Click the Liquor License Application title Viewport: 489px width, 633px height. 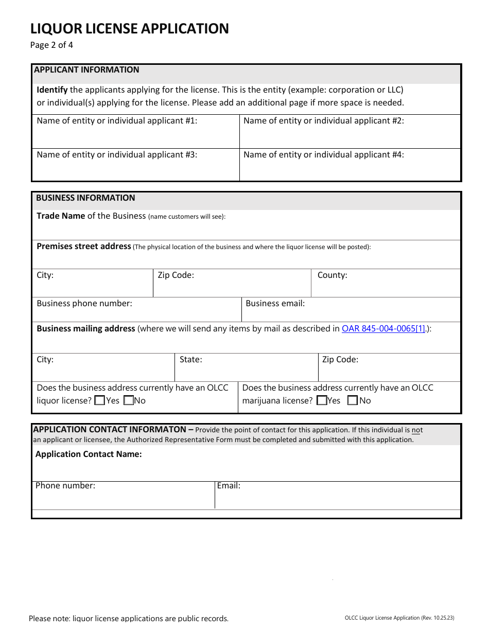point(129,28)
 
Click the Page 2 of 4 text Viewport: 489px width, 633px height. point(51,45)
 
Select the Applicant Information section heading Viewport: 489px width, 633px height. point(86,70)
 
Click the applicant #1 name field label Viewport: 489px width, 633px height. point(117,121)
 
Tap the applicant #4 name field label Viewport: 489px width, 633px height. point(323,154)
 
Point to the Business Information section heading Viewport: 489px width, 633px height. point(85,198)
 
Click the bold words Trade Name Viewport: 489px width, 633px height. point(61,216)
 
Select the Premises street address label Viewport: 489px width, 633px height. point(83,247)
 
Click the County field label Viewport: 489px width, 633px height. point(332,275)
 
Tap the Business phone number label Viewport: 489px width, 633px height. point(84,304)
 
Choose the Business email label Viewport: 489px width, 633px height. point(275,304)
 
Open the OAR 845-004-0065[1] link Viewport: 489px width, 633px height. point(383,329)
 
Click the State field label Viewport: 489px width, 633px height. point(190,360)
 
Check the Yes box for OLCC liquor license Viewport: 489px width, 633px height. point(100,400)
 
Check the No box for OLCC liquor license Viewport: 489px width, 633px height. point(129,400)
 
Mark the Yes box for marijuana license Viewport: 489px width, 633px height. point(322,400)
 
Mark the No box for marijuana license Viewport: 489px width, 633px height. point(353,400)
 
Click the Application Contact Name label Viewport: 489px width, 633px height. point(89,454)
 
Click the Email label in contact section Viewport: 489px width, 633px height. point(229,486)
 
